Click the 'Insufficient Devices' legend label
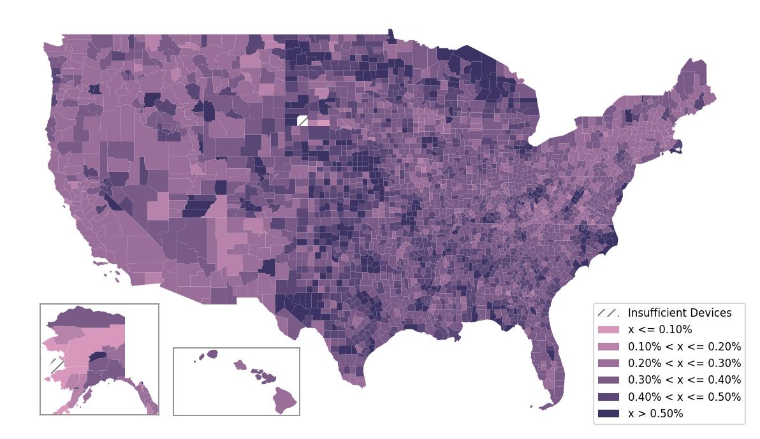(680, 313)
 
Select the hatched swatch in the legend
(608, 313)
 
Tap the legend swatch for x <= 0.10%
(608, 329)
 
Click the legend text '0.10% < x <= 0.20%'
(684, 347)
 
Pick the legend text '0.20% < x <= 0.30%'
(684, 363)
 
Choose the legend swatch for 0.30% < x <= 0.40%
(608, 380)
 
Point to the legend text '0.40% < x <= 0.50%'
(684, 396)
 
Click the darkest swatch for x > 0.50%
(608, 414)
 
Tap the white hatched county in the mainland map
(303, 121)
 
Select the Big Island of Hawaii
(285, 401)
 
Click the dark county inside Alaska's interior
(97, 357)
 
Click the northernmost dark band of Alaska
(86, 315)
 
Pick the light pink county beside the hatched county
(322, 122)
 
